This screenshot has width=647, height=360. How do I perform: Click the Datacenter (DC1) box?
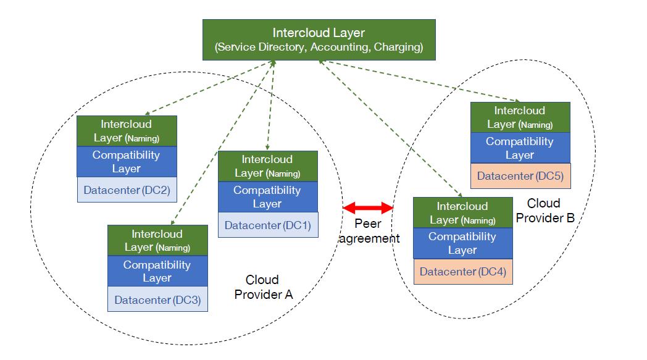coord(267,225)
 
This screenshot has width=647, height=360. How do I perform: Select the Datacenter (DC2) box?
coord(127,190)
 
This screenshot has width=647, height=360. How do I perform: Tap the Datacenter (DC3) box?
coord(157,300)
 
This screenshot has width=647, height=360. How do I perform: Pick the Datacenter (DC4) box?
coord(462,272)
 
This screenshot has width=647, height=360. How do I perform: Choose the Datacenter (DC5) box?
coord(520,176)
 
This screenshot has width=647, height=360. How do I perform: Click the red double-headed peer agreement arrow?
coord(369,207)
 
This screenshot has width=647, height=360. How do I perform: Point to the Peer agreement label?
coord(369,232)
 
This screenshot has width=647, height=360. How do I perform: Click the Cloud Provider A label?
coord(262,287)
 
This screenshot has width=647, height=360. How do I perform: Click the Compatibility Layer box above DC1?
coord(267,197)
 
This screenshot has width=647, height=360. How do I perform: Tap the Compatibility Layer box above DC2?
coord(127,162)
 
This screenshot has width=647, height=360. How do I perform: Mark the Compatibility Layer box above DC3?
coord(157,272)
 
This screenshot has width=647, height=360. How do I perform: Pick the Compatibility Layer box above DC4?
coord(462,243)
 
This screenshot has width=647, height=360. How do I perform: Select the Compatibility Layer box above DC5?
coord(520,148)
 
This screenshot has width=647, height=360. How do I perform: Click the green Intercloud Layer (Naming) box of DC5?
coord(520,117)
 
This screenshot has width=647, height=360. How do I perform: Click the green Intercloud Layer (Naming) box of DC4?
coord(462,213)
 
